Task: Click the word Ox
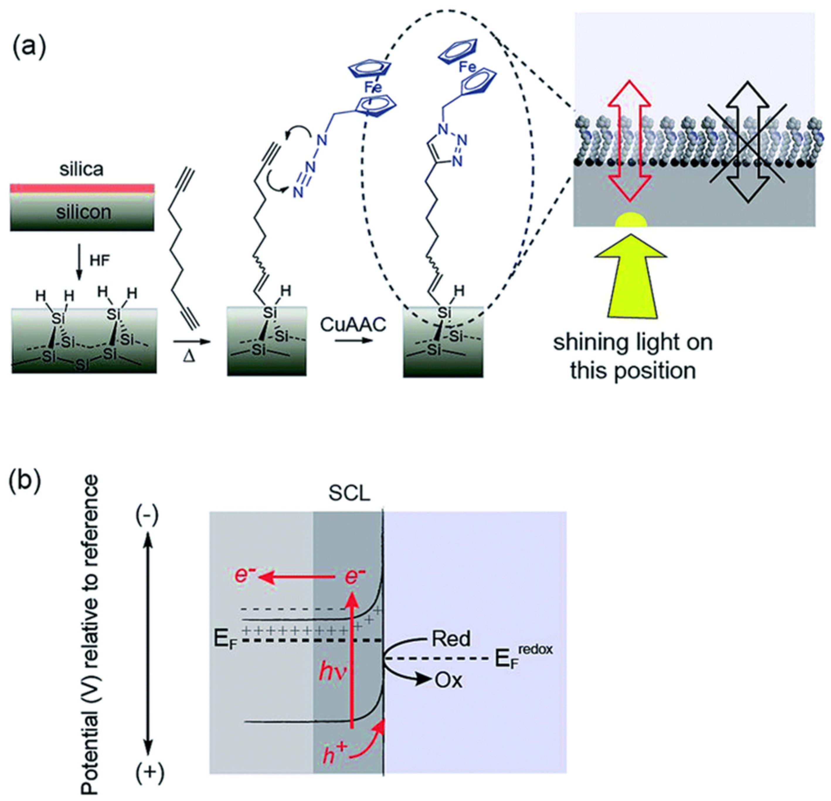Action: click(x=448, y=681)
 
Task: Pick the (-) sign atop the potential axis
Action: click(x=147, y=516)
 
